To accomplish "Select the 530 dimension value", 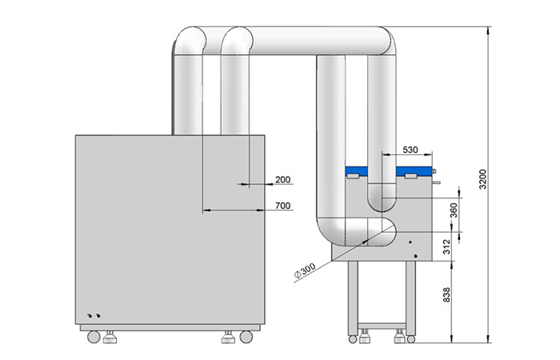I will tap(410, 150).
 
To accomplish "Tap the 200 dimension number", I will tap(283, 179).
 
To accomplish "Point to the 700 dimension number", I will tap(283, 206).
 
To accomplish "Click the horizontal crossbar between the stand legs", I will tap(381, 326).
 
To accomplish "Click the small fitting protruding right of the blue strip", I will tap(435, 170).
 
